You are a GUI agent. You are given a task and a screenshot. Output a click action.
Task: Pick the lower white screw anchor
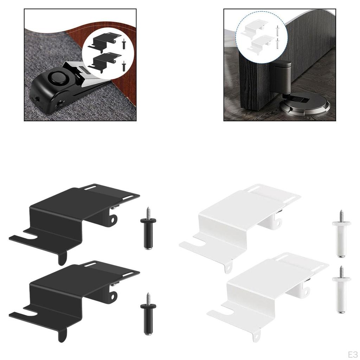[341, 290]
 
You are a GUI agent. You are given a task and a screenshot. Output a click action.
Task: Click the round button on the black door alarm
[56, 77]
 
